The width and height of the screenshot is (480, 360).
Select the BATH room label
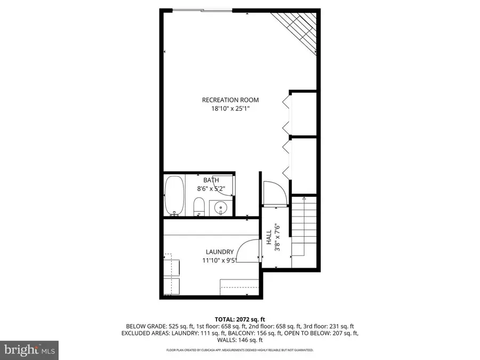point(211,180)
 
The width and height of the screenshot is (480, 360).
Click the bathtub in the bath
point(174,196)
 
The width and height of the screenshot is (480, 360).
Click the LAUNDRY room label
point(220,252)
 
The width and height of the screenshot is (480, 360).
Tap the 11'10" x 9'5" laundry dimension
point(220,261)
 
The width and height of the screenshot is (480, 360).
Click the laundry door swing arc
point(246,251)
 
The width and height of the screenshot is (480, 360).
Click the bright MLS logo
point(29,350)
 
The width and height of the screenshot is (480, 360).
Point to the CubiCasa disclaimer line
point(239,350)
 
